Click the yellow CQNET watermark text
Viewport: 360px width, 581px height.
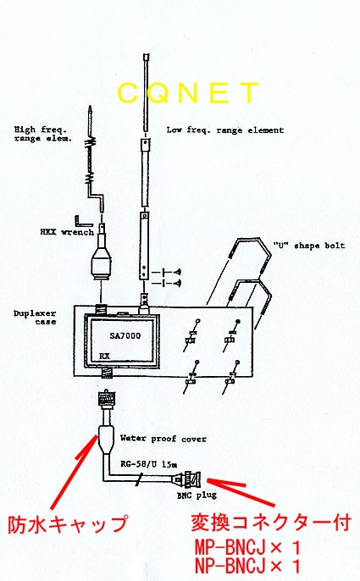coord(187,92)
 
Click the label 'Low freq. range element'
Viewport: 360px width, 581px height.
coord(225,130)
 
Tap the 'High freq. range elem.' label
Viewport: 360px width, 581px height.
coord(43,134)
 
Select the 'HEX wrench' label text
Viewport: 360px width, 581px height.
coord(67,232)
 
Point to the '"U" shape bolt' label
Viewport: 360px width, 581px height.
coord(309,246)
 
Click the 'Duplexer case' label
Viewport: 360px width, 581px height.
coord(35,318)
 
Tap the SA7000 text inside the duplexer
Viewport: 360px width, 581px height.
coord(125,335)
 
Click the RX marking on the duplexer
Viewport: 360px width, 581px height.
coord(104,356)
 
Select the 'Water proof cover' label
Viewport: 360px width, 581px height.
coord(163,439)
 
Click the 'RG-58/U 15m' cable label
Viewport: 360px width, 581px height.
coord(149,464)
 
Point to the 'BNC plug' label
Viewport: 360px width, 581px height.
coord(197,495)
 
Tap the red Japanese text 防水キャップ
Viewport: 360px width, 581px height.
coord(68,524)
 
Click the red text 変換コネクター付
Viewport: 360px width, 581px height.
coord(271,523)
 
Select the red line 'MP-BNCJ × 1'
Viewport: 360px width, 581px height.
coord(247,548)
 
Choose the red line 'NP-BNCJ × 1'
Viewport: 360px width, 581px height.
coord(247,566)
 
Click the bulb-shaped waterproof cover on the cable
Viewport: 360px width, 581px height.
coord(106,440)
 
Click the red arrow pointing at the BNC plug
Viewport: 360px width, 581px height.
coord(241,492)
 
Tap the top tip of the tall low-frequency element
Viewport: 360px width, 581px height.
coord(147,55)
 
